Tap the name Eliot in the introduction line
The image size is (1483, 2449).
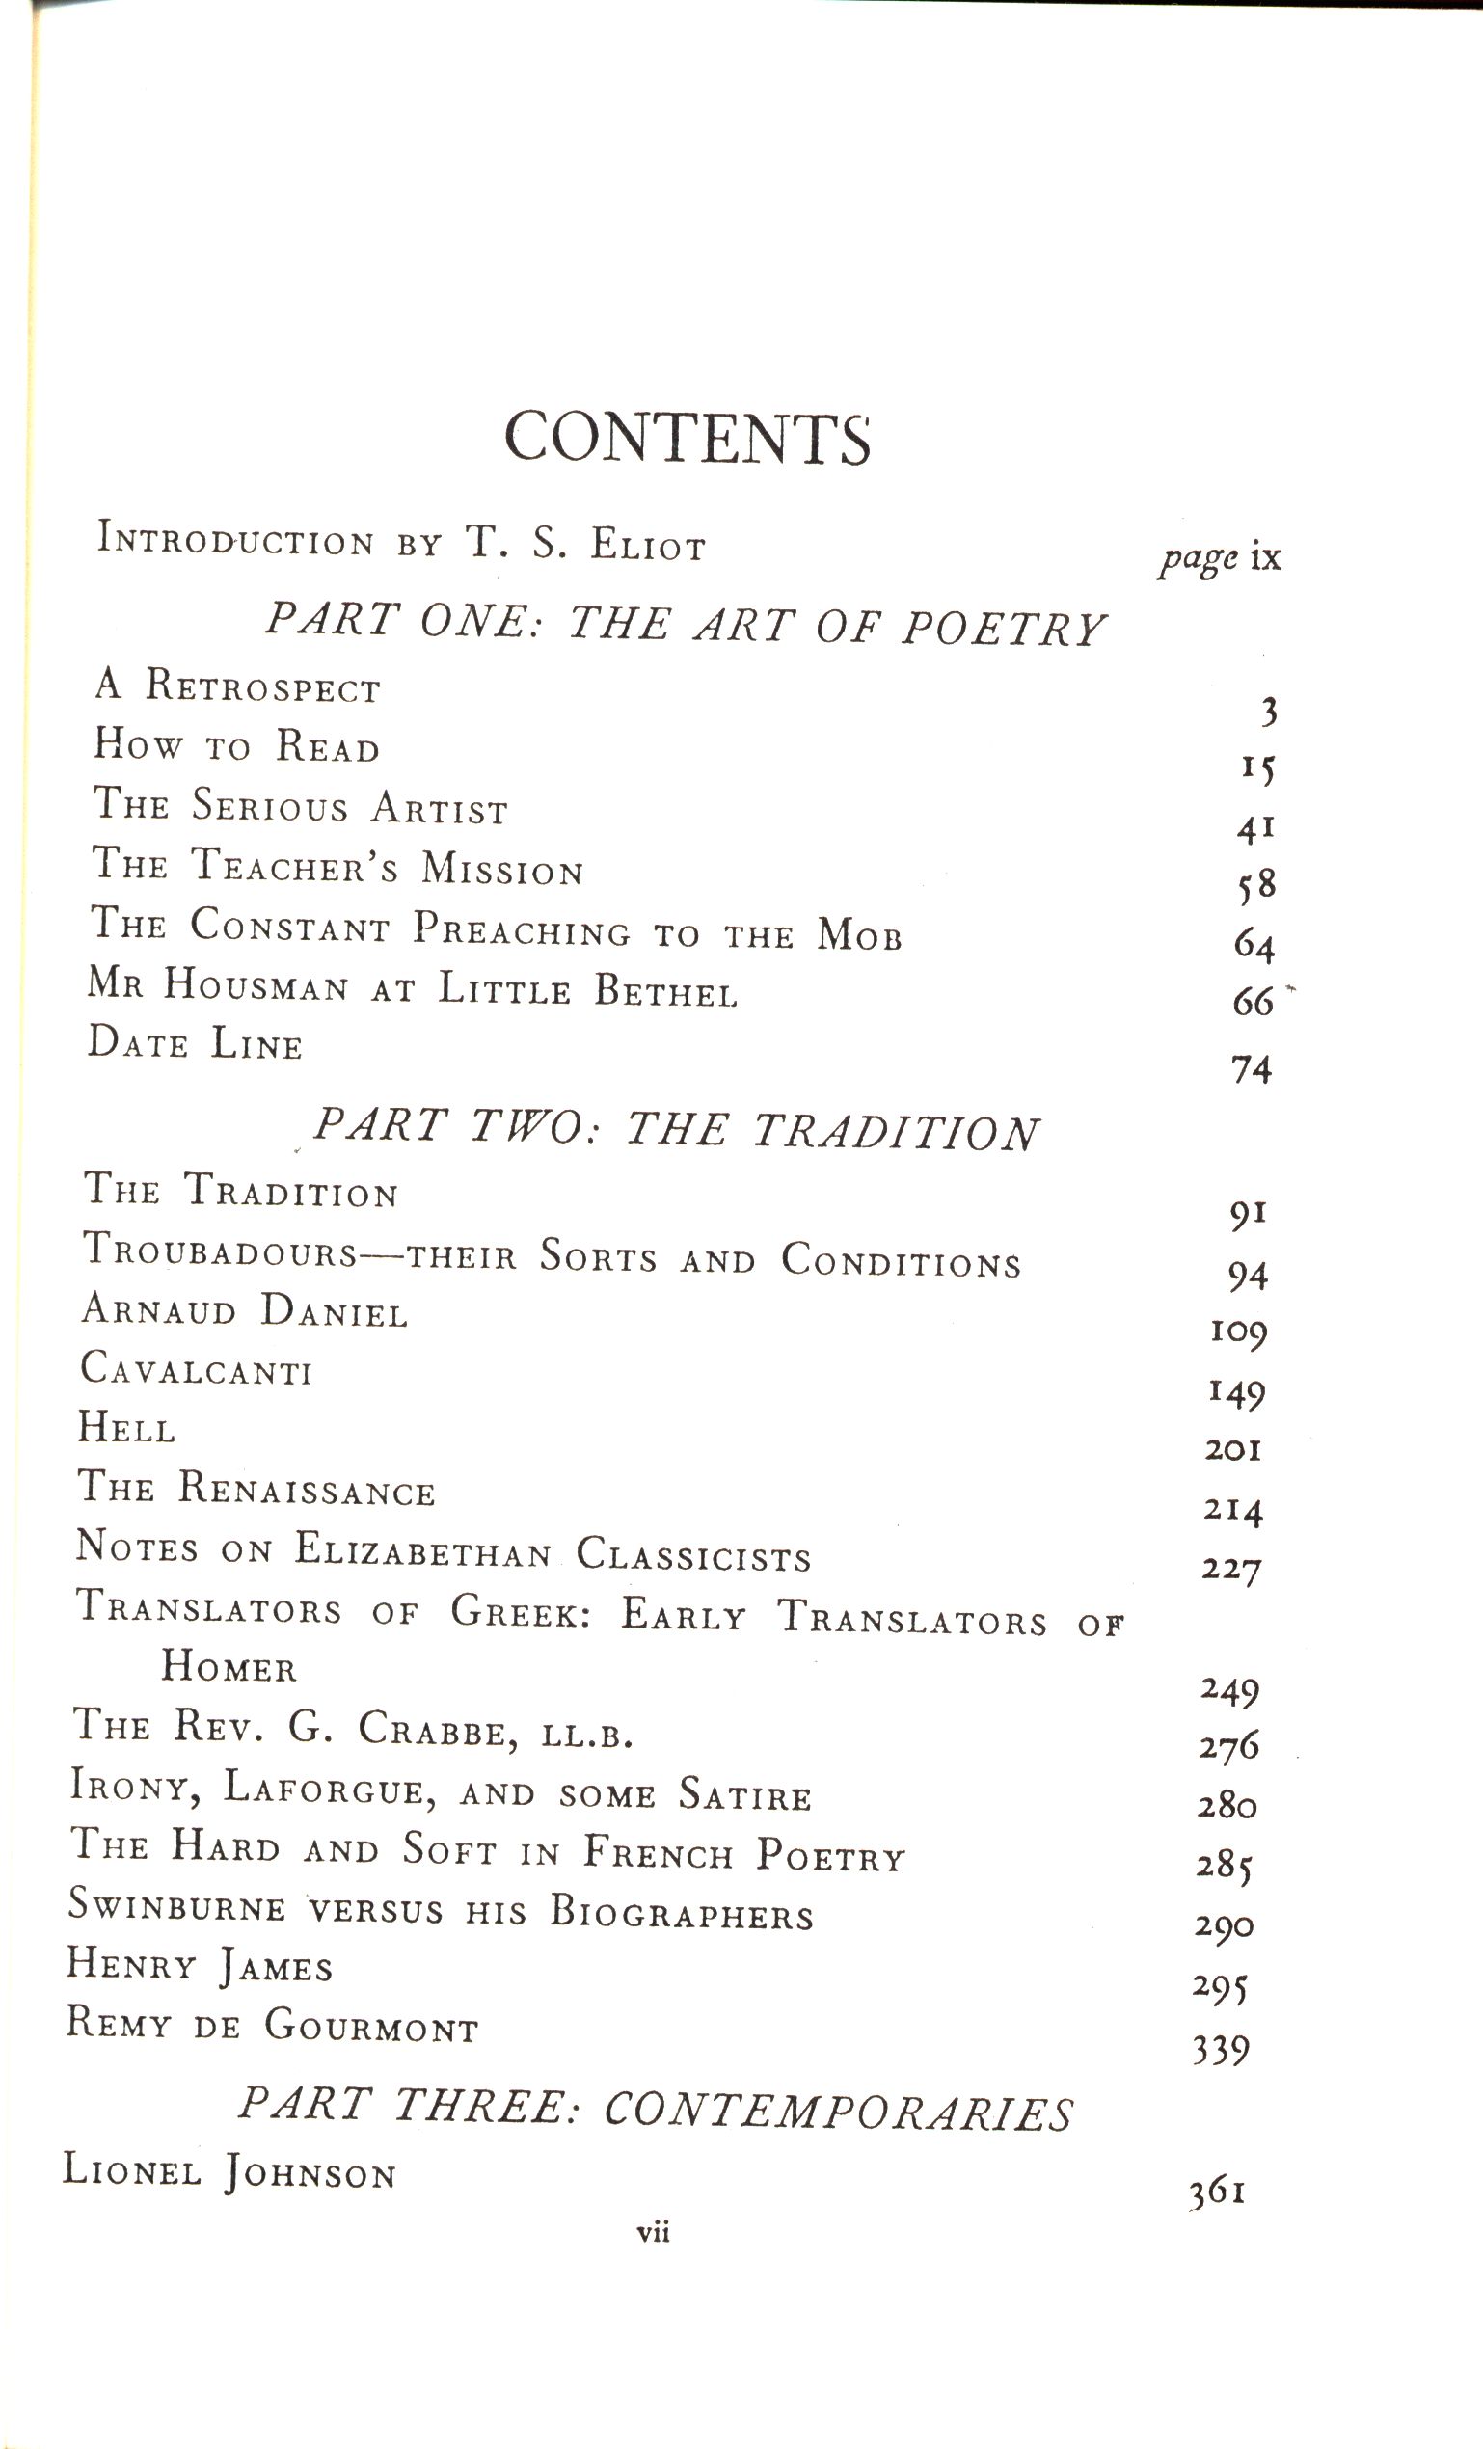647,545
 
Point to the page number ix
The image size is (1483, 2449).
1265,556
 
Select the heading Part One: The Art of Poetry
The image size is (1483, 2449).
685,625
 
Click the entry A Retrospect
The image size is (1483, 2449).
238,686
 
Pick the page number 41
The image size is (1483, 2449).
1254,828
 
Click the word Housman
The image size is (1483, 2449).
256,986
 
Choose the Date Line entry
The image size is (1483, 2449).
195,1043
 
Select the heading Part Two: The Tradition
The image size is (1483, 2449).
676,1130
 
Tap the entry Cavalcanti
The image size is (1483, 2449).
196,1371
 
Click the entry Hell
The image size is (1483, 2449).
126,1429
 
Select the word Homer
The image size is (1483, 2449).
229,1667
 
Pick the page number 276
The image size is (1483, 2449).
1228,1746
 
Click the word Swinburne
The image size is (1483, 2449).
176,1905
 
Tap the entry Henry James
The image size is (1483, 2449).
199,1965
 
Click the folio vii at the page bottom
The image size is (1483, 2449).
653,2232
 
